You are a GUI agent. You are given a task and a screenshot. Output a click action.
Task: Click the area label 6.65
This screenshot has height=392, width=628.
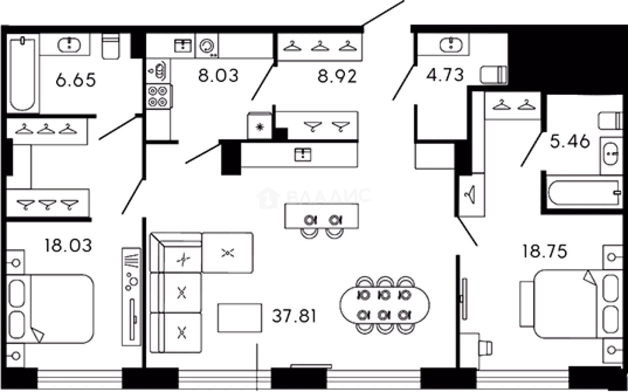(76, 80)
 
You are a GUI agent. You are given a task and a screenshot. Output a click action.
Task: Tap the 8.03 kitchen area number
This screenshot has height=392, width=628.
(218, 76)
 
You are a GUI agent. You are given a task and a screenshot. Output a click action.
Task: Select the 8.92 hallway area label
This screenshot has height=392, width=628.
(337, 76)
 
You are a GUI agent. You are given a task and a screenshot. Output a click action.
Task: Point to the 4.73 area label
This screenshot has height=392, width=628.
(445, 75)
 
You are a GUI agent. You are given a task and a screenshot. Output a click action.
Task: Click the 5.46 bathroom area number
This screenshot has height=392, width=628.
(570, 141)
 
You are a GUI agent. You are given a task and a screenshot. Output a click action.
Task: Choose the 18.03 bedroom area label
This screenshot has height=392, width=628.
(68, 245)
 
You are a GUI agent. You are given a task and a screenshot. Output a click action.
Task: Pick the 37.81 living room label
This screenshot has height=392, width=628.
(294, 316)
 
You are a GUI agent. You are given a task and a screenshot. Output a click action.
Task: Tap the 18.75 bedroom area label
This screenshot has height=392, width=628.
(544, 251)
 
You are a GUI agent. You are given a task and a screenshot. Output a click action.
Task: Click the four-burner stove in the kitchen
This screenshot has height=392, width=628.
(158, 97)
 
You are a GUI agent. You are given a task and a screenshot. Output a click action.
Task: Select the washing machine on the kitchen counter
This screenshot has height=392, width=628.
(207, 46)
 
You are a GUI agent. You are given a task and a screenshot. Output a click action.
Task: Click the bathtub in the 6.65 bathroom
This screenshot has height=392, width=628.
(23, 74)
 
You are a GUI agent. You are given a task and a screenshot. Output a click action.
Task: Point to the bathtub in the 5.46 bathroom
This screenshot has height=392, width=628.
(584, 193)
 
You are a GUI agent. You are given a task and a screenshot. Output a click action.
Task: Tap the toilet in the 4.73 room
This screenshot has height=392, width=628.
(493, 75)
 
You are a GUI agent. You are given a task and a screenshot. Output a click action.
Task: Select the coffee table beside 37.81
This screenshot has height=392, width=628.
(240, 318)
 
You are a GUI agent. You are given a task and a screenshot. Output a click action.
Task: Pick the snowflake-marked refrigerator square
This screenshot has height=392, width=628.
(260, 126)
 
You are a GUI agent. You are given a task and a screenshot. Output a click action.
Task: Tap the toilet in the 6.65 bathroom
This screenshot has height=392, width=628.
(111, 46)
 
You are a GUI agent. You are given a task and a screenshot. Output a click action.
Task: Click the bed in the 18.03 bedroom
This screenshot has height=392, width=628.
(50, 309)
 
